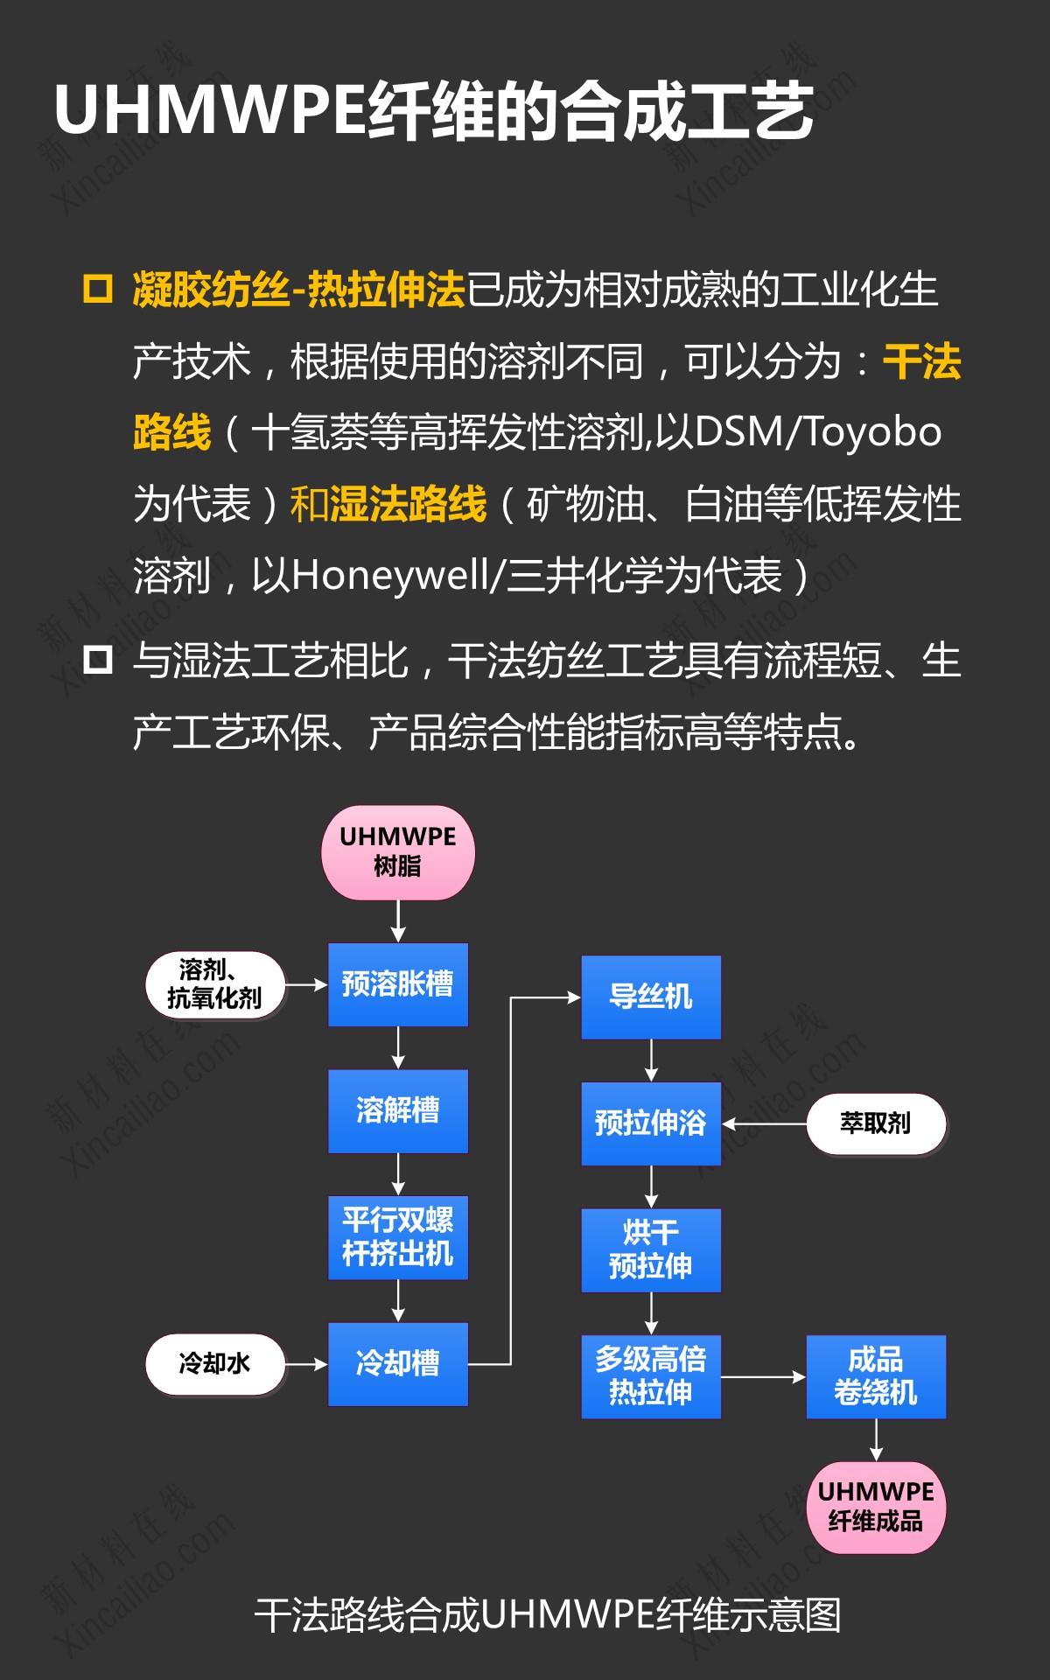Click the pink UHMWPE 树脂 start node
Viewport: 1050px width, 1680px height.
point(398,852)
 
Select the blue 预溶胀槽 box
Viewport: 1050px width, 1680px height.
point(398,984)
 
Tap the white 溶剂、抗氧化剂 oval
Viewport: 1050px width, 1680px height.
point(215,985)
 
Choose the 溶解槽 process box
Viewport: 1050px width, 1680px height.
point(398,1110)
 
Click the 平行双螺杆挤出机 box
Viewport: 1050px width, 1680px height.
point(398,1237)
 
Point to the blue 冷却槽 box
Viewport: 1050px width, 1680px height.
point(398,1363)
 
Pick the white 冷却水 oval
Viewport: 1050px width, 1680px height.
point(215,1363)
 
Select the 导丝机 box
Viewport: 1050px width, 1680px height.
point(651,997)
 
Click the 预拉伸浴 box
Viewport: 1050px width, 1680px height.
point(651,1123)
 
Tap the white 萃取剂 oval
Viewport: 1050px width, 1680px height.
point(876,1123)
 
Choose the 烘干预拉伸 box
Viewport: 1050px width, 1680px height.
point(651,1249)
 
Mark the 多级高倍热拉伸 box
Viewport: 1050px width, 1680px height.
point(651,1375)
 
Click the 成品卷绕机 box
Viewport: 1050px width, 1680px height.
point(876,1375)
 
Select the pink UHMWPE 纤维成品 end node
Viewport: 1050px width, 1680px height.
point(876,1507)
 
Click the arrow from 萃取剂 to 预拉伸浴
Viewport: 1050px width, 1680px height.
point(764,1123)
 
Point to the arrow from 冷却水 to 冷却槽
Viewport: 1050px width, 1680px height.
point(306,1363)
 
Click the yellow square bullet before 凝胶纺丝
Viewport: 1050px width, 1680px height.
point(97,289)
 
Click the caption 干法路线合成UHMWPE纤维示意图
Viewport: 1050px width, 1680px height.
point(548,1615)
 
